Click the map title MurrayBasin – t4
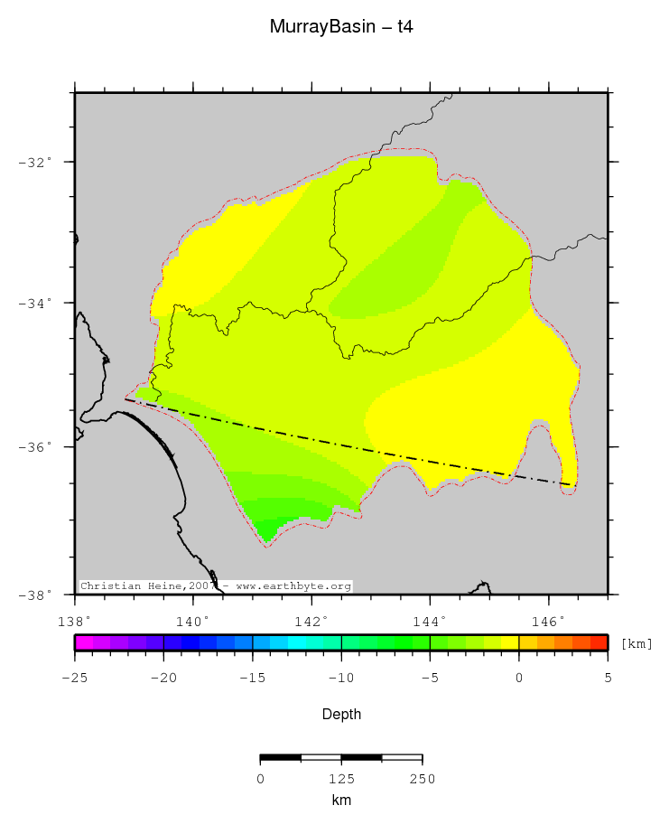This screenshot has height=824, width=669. (341, 27)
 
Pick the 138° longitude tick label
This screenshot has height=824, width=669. (73, 622)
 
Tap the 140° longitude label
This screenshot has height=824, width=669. (192, 622)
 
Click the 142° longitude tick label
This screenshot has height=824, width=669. (311, 622)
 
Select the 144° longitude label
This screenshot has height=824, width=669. (430, 622)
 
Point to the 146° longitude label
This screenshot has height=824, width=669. (549, 622)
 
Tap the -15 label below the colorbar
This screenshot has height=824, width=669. (252, 678)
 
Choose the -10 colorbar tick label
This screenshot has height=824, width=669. (340, 678)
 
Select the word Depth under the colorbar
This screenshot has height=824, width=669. (341, 715)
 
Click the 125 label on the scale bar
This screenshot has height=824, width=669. (341, 779)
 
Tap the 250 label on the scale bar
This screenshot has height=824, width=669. (422, 779)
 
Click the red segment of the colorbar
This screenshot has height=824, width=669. (599, 642)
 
